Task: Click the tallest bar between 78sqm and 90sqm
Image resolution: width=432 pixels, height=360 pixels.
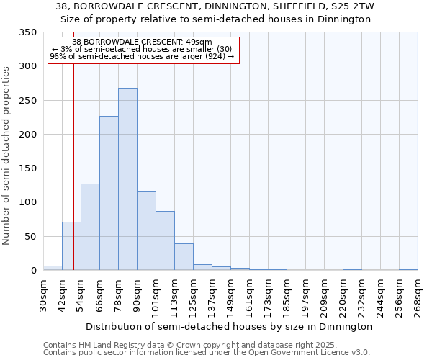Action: point(127,179)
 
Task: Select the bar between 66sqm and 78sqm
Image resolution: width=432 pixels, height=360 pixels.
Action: point(109,193)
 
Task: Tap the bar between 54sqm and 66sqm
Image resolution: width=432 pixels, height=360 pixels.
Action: point(90,227)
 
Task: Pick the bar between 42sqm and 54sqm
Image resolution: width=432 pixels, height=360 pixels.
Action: point(71,246)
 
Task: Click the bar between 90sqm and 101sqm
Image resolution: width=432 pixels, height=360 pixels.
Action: point(146,230)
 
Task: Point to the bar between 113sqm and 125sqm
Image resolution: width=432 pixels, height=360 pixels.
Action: point(184,257)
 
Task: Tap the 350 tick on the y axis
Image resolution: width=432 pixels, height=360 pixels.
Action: point(27,32)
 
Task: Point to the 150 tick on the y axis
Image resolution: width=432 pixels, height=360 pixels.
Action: point(27,168)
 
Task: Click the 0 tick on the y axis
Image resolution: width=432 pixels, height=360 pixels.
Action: point(32,271)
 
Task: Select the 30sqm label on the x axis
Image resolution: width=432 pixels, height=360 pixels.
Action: point(44,295)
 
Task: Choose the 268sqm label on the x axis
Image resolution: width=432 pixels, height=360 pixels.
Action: point(418,295)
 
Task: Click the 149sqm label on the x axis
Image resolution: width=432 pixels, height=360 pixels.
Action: point(231,295)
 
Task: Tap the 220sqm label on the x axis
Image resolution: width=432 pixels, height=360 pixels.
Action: point(343,295)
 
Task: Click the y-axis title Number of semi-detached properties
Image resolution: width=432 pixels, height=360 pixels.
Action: point(7,156)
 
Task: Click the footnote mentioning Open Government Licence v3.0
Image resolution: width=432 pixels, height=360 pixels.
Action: point(207,353)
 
